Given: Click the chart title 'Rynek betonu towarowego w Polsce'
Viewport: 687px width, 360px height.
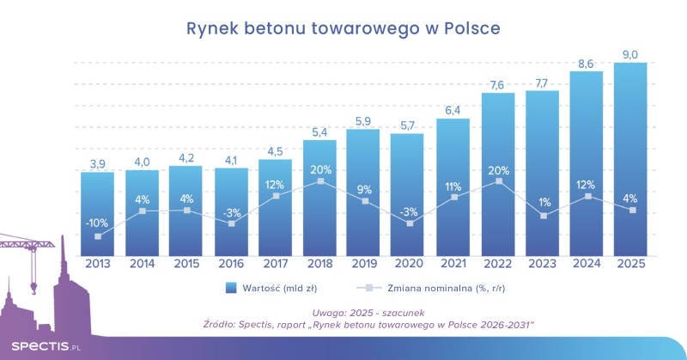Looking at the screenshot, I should (x=343, y=29).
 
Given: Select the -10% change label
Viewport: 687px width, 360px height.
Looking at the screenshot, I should (x=97, y=223).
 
